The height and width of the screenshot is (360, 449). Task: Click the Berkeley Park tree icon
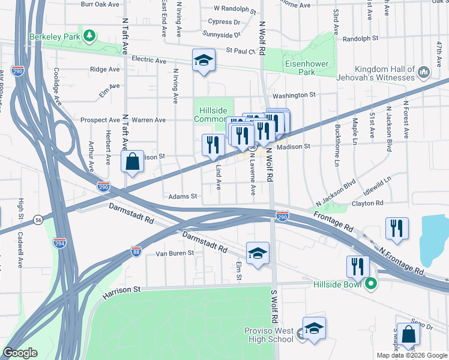click(89, 35)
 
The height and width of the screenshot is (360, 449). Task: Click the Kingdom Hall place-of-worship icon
click(424, 73)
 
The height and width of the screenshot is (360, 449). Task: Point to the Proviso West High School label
click(269, 335)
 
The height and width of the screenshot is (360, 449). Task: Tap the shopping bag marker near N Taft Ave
click(132, 161)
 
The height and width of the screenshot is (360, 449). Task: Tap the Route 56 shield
click(38, 221)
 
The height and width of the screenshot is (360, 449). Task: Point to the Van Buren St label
click(175, 253)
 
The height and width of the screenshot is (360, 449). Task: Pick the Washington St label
click(294, 95)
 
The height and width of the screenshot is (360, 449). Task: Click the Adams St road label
click(182, 196)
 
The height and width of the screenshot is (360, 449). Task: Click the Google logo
click(20, 353)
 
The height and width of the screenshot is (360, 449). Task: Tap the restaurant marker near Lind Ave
click(212, 145)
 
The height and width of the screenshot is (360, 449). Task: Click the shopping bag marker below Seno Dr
click(408, 337)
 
